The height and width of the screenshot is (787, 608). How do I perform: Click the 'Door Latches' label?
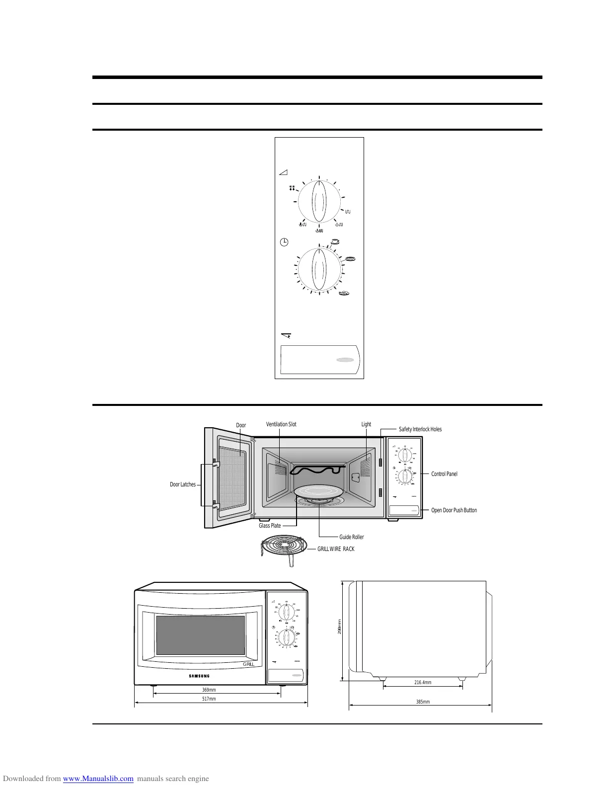[x=183, y=484]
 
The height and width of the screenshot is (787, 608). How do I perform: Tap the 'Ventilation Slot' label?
[x=281, y=424]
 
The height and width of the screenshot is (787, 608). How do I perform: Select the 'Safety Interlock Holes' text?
[x=420, y=429]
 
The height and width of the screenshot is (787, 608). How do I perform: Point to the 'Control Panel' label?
[x=444, y=474]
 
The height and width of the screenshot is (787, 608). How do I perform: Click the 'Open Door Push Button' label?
[x=454, y=510]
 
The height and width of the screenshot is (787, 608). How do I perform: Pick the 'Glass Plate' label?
[x=270, y=526]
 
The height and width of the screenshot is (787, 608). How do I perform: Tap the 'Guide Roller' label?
[x=351, y=537]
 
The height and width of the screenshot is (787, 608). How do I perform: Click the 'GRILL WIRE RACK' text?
[x=336, y=549]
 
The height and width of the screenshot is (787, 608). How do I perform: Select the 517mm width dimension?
[x=209, y=699]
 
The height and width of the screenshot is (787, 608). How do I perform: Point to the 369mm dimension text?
[x=209, y=690]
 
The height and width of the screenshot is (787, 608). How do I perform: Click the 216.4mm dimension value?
[x=423, y=683]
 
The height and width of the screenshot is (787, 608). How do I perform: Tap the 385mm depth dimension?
[x=423, y=702]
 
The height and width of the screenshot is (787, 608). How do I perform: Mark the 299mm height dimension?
[x=339, y=626]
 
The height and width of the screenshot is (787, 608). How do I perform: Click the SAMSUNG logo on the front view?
[x=199, y=676]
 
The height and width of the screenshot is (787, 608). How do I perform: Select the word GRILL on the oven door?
[x=248, y=664]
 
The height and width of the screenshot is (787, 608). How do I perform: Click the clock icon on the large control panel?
[x=284, y=242]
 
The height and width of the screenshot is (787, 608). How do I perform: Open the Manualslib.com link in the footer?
[x=98, y=779]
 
